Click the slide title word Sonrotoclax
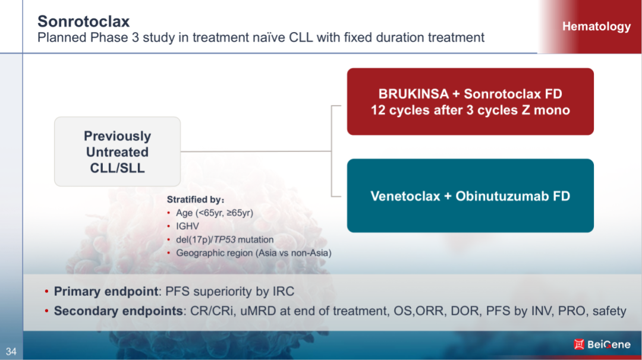(x=84, y=21)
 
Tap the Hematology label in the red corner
(x=596, y=27)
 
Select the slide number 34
(x=11, y=352)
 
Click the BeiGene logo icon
(x=578, y=345)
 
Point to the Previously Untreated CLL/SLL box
(x=118, y=151)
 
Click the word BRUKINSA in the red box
(x=414, y=94)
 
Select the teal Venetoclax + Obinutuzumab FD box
(x=470, y=195)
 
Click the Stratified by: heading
(x=196, y=200)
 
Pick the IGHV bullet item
(x=187, y=226)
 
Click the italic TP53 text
(x=224, y=240)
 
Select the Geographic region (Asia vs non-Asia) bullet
(x=253, y=253)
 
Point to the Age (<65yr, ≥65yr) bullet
(x=215, y=213)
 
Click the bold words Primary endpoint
(x=106, y=291)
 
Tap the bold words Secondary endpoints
(x=118, y=311)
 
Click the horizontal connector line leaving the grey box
(x=256, y=151)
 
